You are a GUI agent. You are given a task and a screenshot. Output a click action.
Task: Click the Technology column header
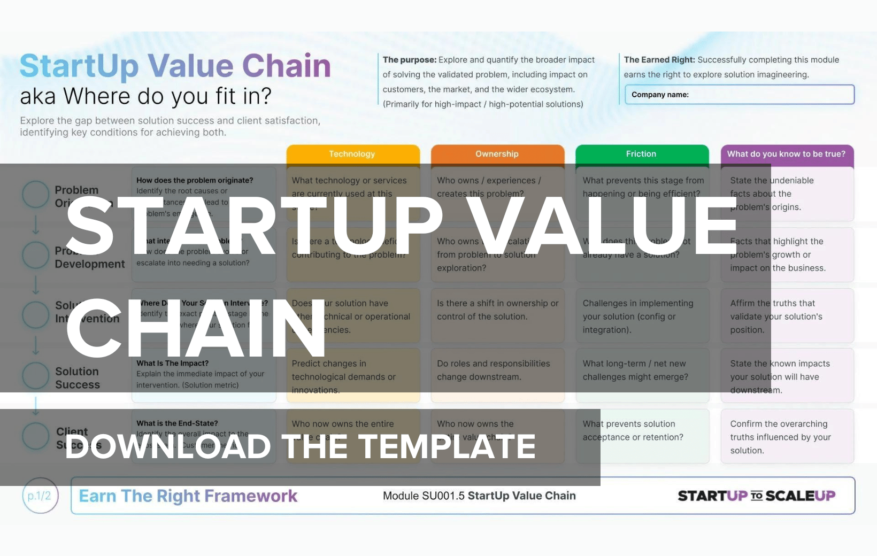(352, 154)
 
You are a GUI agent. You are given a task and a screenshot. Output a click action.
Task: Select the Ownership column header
(497, 154)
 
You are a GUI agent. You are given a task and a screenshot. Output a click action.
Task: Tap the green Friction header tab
(641, 154)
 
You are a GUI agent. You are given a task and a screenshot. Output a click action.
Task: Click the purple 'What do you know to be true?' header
(786, 154)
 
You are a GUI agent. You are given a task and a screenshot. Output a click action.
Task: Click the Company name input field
(740, 95)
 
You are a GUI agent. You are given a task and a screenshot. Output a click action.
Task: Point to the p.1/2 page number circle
(40, 496)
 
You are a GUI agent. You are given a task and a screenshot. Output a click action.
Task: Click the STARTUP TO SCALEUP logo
(756, 496)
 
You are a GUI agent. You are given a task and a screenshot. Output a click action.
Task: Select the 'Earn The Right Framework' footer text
(188, 496)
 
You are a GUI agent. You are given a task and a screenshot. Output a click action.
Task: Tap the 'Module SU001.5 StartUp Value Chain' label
(479, 496)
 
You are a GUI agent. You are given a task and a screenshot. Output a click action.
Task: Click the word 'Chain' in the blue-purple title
(287, 66)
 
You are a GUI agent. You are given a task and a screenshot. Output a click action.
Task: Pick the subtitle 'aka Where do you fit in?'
(145, 96)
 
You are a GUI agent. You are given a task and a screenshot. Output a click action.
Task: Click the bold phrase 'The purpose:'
(410, 60)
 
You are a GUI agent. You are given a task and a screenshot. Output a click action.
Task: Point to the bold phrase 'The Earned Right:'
(659, 60)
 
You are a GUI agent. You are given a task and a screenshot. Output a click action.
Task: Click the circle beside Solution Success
(36, 375)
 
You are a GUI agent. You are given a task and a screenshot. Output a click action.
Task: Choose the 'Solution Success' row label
(78, 378)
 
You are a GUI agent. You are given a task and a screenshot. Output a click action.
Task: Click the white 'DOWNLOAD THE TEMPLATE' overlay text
(300, 446)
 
